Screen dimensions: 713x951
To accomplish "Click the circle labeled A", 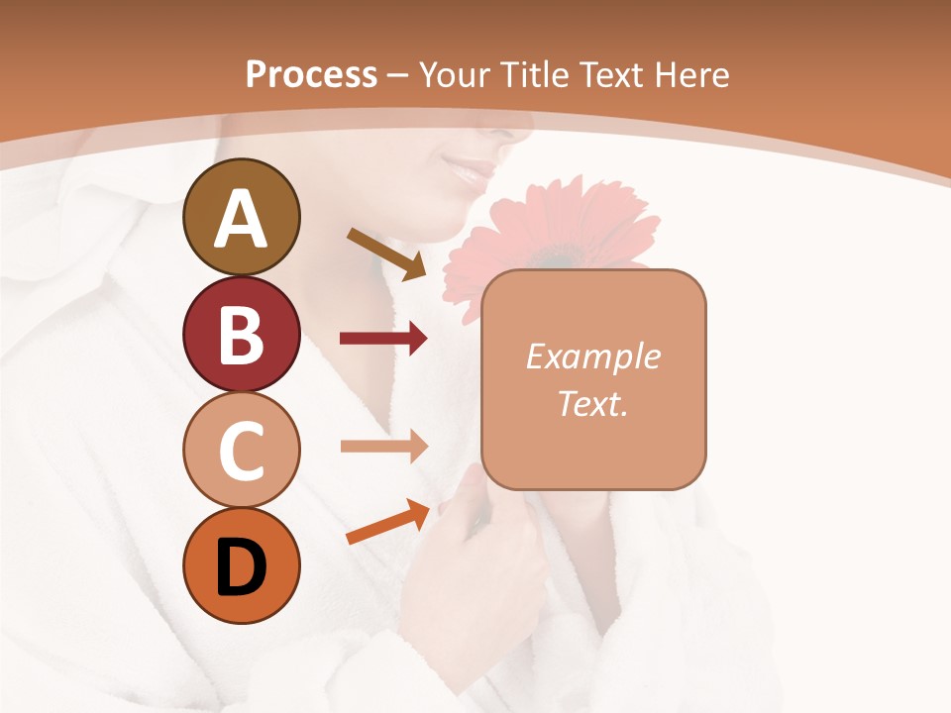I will click(x=241, y=217).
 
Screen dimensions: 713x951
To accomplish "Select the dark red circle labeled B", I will click(x=241, y=335).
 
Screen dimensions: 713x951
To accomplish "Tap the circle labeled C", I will click(x=241, y=451).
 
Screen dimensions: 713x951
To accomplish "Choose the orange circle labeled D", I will click(x=241, y=566).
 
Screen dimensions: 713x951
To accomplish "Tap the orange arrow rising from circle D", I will click(x=387, y=523).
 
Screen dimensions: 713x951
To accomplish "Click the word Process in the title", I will click(x=311, y=74).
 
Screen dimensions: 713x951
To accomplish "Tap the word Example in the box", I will click(x=592, y=356).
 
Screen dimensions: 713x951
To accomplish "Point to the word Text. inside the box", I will click(x=592, y=403).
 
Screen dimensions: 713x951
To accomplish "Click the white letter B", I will click(x=241, y=335).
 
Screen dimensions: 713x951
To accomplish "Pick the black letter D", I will click(x=241, y=567).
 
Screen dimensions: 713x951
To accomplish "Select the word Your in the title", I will click(x=451, y=74).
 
